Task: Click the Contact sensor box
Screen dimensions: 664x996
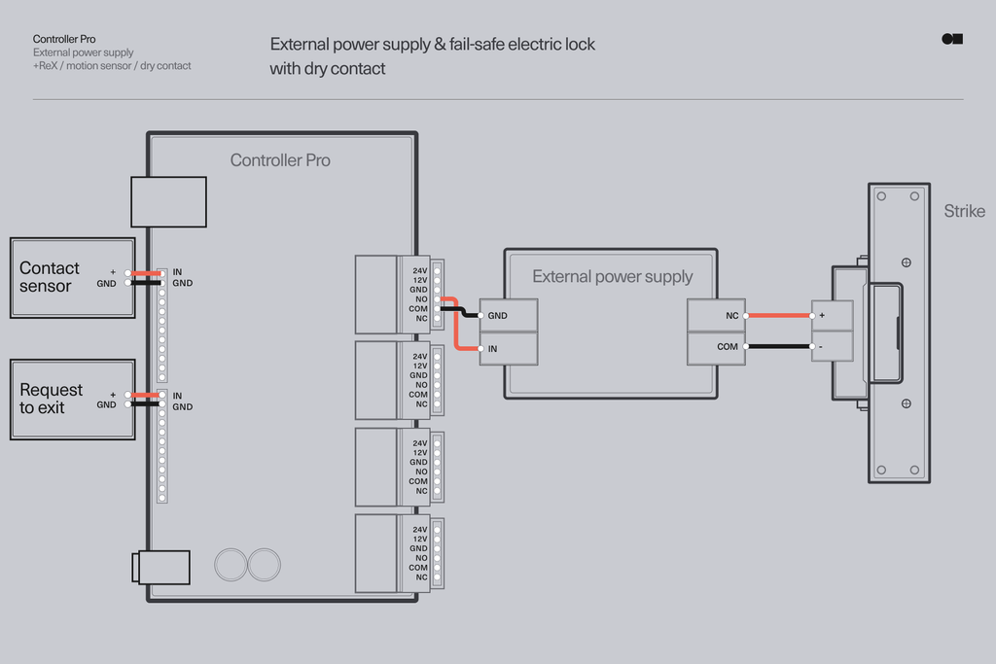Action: [72, 277]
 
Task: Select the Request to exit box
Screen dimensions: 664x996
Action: [72, 399]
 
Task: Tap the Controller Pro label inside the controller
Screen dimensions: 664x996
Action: [280, 160]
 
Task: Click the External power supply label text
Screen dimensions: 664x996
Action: [612, 277]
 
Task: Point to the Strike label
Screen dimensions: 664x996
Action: [964, 211]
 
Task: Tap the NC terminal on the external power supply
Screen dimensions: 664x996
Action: [717, 316]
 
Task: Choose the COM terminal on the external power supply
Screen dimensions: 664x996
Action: [717, 347]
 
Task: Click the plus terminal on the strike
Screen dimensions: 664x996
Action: [832, 316]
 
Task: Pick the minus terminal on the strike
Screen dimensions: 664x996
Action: [832, 347]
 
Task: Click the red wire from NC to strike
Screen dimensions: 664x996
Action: [779, 315]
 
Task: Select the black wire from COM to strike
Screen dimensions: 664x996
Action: [779, 346]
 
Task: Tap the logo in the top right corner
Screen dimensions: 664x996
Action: [952, 39]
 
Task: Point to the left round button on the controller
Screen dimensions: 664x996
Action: [231, 565]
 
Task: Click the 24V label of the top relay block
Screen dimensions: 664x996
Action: [419, 270]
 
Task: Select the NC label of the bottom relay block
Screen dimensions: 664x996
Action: [421, 577]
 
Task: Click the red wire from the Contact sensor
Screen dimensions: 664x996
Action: [146, 273]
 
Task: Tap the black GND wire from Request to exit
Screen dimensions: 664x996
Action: [146, 404]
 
